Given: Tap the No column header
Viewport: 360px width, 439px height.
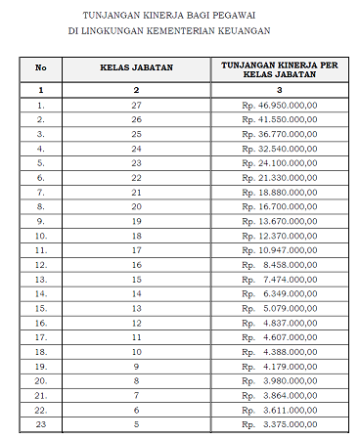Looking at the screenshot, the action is (x=41, y=68).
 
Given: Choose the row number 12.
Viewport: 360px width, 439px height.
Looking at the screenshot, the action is (x=41, y=264).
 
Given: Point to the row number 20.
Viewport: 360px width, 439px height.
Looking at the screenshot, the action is (x=41, y=380).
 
